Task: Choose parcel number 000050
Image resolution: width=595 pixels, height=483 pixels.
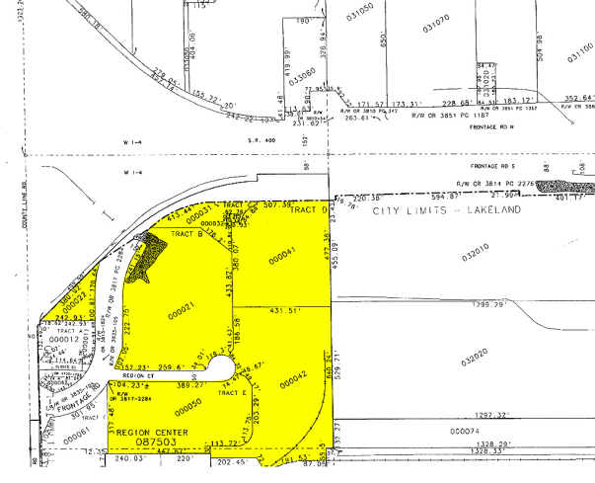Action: (x=187, y=403)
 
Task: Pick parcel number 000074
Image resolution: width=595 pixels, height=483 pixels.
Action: (x=464, y=432)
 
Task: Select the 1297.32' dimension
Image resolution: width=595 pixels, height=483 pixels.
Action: (x=463, y=417)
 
